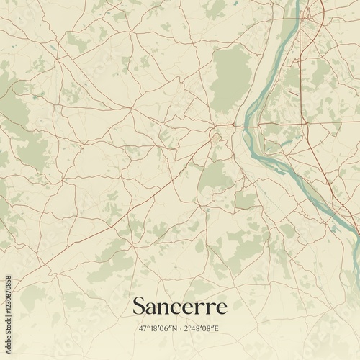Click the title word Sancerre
pyautogui.click(x=179, y=307)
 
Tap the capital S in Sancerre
pyautogui.click(x=139, y=307)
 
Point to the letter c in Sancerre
pyautogui.click(x=176, y=309)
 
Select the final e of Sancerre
pyautogui.click(x=222, y=309)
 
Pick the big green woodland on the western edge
pyautogui.click(x=14, y=108)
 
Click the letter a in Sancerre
pyautogui.click(x=153, y=309)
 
